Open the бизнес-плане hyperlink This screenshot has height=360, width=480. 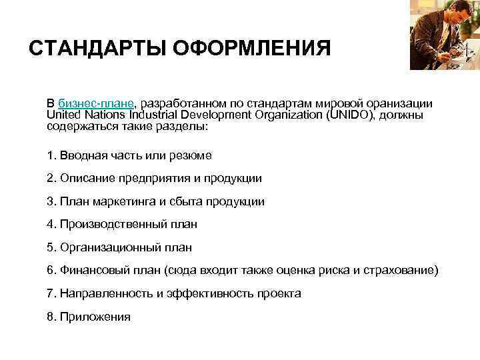click(96, 104)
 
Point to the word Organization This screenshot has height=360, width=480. click(272, 115)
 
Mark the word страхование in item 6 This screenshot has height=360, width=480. click(405, 270)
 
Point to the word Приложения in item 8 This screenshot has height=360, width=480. click(95, 317)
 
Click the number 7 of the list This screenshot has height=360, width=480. click(50, 293)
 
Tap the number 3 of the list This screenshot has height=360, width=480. click(50, 201)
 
